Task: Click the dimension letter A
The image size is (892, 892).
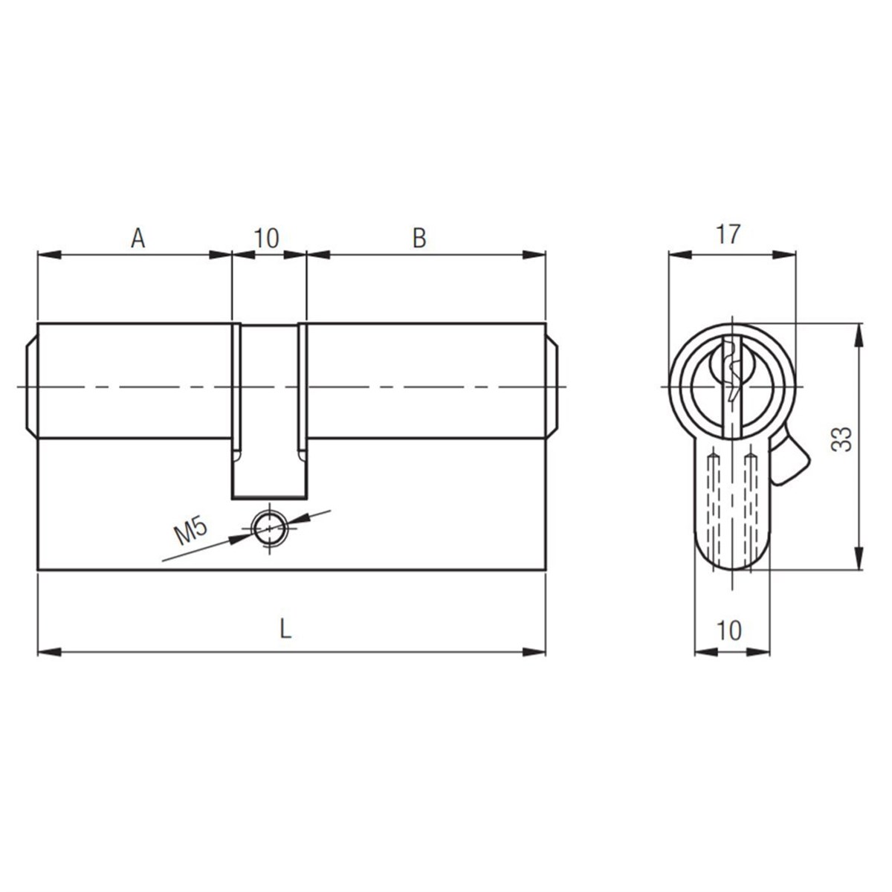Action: (x=138, y=239)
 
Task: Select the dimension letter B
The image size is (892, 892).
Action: (x=419, y=239)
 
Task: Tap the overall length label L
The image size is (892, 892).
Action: (x=286, y=629)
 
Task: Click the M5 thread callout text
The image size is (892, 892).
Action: (x=190, y=532)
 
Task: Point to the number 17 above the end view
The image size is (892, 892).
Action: (x=728, y=234)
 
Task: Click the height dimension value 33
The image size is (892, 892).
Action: (x=841, y=439)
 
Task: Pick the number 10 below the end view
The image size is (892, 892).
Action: (x=728, y=630)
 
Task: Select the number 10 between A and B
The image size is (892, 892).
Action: (x=267, y=239)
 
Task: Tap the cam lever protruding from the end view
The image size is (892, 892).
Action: (x=789, y=459)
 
